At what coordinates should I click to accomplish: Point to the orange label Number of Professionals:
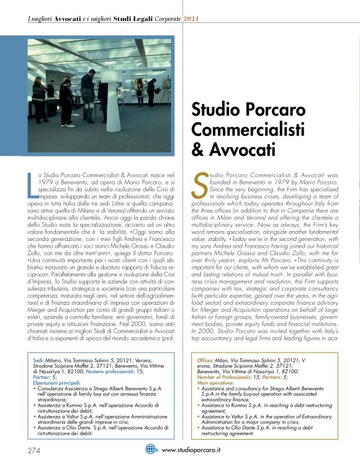[230, 378]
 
